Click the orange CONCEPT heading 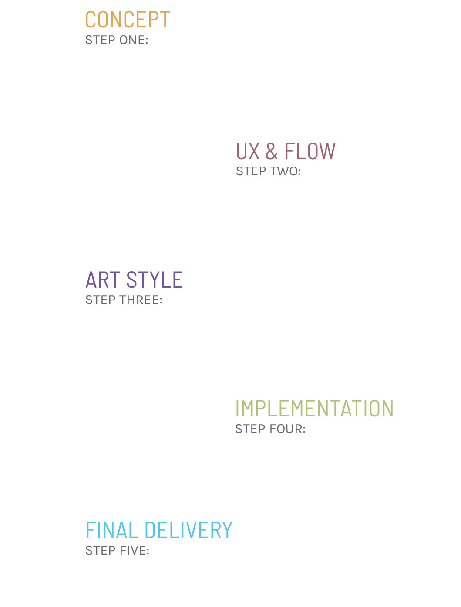click(128, 19)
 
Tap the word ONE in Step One click(132, 40)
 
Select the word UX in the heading click(248, 151)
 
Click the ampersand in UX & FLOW click(271, 151)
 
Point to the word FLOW click(310, 151)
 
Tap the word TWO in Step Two click(284, 171)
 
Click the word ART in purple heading click(103, 280)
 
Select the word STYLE click(155, 280)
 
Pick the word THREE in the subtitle click(139, 300)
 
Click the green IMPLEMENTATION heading click(314, 408)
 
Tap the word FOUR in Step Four click(286, 429)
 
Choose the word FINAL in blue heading click(112, 530)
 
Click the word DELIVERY click(188, 530)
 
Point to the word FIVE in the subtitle click(132, 551)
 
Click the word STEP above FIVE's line click(101, 551)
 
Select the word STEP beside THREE click(101, 300)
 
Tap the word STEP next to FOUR click(250, 429)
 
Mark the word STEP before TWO click(251, 171)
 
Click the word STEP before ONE click(101, 40)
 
